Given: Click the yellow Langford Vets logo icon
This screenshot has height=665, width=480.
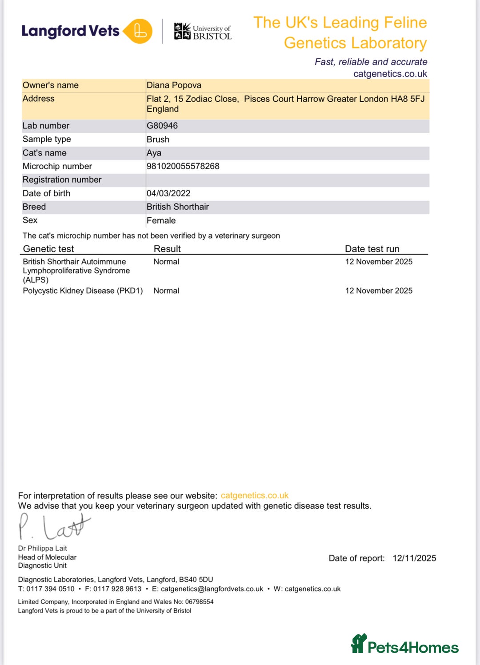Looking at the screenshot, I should point(138,32).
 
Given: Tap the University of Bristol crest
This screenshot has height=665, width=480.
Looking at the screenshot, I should point(182,31).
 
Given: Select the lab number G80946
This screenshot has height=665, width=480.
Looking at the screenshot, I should point(162,126).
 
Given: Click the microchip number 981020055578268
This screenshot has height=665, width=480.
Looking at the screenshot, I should point(183,166).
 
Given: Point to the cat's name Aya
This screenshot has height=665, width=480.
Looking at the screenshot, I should point(154,153).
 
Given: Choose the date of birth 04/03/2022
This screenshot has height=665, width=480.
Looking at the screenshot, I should point(168,193).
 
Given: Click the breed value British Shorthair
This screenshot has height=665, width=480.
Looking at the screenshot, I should point(178,207).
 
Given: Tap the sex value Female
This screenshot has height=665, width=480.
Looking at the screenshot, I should point(161,220).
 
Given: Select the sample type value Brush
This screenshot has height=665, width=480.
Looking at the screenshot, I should point(158,139).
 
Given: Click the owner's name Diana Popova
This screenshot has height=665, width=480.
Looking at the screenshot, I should point(174,85).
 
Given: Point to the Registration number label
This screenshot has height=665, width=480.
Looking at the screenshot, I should point(62,179).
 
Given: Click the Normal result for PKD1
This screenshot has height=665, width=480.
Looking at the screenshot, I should point(166,291).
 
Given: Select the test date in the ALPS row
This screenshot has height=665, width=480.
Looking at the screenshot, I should point(379,262).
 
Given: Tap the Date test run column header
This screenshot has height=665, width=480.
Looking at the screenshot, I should point(372,249).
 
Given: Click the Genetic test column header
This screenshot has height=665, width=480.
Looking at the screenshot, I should point(48,249).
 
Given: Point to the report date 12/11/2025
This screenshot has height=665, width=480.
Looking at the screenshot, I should point(414,558).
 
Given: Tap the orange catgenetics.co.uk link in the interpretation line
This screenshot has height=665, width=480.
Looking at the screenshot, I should point(255,495).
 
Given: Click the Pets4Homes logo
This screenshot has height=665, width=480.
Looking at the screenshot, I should point(405,645).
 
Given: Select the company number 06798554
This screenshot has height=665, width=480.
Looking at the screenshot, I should point(200,602).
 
